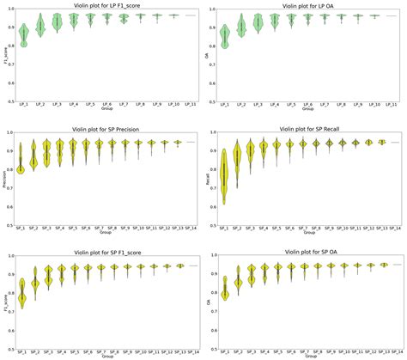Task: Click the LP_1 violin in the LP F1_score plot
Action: pos(23,34)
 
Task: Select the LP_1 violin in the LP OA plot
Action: pos(225,34)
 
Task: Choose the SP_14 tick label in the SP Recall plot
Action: pos(397,229)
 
